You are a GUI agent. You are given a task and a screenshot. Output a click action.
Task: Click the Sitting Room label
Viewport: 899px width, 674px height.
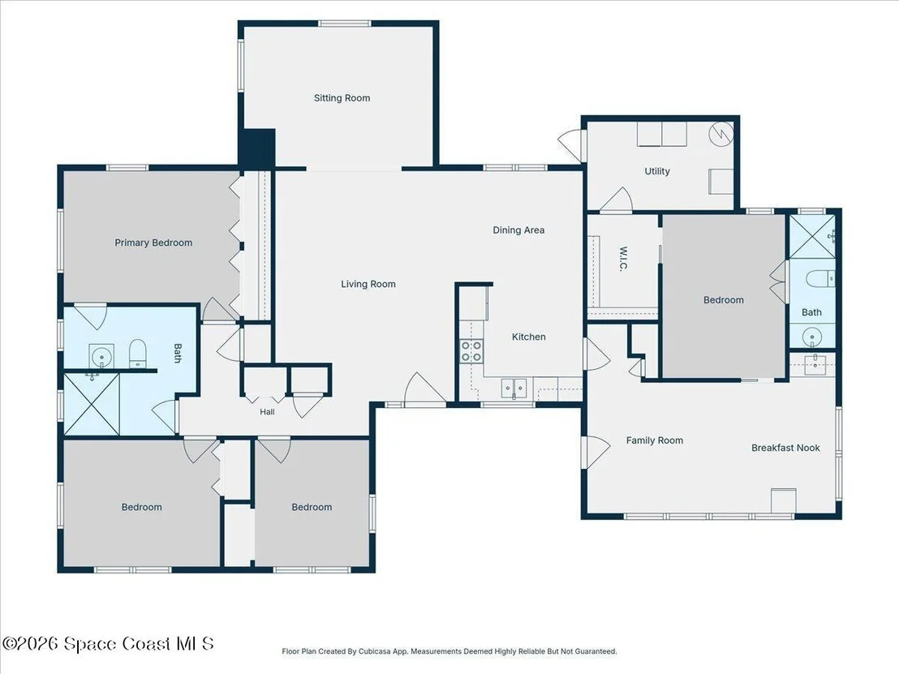[342, 98]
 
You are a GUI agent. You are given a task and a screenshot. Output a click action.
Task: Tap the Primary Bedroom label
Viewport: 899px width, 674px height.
[153, 243]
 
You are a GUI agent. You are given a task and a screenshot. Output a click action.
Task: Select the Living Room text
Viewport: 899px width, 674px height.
[368, 284]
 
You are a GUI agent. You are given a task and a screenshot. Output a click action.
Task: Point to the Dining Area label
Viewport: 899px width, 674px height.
[519, 230]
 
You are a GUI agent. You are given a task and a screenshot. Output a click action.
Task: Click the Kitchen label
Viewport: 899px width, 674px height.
[529, 337]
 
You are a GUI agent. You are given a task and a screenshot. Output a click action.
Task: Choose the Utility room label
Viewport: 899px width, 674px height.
[657, 171]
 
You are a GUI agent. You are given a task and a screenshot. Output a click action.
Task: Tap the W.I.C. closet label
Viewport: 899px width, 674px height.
[624, 259]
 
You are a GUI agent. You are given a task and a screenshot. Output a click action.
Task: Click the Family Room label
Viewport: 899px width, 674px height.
[655, 440]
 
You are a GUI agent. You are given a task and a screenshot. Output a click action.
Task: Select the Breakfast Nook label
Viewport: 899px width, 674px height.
[785, 448]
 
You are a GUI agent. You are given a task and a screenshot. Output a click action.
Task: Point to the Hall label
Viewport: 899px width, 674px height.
[267, 411]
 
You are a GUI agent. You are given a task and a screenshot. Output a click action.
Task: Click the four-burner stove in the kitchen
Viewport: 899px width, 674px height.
[472, 350]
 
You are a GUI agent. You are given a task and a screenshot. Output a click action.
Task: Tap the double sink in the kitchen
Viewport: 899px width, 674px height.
[514, 388]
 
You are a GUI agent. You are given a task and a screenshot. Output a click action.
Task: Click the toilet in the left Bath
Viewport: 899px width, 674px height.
[138, 354]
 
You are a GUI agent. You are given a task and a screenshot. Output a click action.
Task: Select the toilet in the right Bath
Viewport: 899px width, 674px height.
[820, 279]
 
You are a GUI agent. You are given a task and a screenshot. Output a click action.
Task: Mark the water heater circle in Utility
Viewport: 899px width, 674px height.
[720, 134]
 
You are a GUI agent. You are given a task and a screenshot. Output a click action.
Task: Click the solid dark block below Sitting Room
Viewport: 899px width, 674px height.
[257, 148]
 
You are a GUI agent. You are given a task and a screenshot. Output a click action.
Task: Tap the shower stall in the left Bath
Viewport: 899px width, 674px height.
[92, 403]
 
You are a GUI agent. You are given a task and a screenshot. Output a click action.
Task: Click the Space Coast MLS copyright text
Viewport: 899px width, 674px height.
[109, 644]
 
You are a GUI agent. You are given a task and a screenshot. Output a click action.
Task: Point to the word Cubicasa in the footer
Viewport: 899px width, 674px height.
[374, 651]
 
